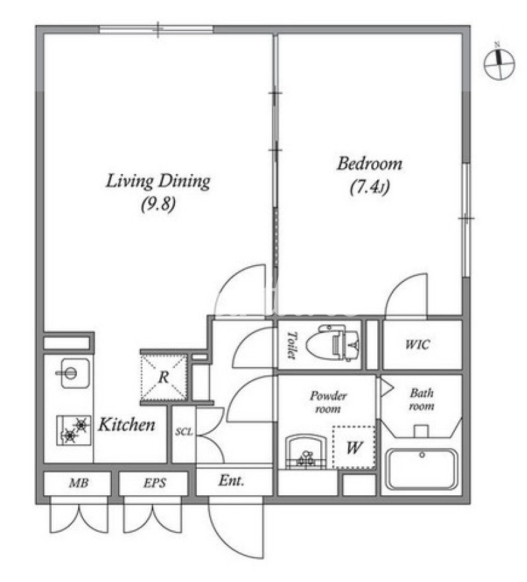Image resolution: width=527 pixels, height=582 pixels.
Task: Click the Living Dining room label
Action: point(158,181)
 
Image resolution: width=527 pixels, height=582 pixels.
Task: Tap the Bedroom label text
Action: point(369,164)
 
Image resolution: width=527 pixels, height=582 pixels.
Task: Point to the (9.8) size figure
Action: point(158,204)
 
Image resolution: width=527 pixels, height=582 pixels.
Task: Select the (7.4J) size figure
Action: point(370,187)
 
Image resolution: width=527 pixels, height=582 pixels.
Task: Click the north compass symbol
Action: point(499,62)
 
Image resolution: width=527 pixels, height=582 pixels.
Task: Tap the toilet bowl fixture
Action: point(333,344)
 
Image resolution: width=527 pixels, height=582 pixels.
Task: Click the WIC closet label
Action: point(418,344)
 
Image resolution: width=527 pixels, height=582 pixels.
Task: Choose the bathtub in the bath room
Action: point(422,470)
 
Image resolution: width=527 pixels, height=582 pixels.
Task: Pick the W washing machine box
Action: point(354,448)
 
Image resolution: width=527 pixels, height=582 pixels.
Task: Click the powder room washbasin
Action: point(306,452)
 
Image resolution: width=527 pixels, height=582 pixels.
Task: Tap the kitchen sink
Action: point(75,373)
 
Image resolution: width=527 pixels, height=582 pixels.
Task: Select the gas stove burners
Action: point(74,430)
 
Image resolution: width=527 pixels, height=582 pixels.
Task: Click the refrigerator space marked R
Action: point(164,377)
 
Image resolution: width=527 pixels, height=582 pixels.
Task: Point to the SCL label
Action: point(184,432)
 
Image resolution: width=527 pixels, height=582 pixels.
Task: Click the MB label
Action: point(79,483)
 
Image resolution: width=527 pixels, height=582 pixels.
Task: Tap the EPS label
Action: point(154,483)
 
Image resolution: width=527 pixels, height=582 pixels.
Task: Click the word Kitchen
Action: point(127,424)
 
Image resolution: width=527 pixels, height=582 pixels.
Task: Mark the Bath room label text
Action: point(422,399)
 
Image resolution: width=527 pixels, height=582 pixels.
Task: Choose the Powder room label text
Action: point(327,402)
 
